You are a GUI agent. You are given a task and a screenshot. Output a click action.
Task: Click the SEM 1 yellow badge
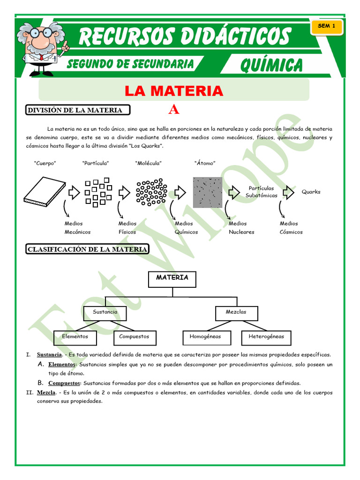(326, 27)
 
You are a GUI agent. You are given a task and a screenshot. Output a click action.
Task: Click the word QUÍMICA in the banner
(271, 65)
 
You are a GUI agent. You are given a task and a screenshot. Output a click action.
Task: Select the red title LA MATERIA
(173, 90)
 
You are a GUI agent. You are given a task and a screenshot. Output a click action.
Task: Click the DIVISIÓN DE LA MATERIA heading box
(77, 110)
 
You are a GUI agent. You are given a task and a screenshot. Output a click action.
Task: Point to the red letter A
(174, 110)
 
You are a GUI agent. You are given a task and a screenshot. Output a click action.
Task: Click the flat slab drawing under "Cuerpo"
(45, 191)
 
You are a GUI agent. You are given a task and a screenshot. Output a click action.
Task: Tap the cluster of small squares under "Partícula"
(98, 191)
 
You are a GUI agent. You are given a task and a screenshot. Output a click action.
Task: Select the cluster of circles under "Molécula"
(151, 192)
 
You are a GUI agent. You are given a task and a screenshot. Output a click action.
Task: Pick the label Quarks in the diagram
(311, 192)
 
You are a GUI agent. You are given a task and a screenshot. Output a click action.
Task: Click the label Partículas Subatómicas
(262, 192)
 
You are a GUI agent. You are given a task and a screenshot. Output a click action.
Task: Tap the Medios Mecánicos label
(77, 228)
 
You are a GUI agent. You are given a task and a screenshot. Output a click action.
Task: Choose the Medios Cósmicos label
(291, 228)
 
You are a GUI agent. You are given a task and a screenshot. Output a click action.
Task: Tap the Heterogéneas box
(266, 337)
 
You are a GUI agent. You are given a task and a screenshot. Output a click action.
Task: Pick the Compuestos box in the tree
(134, 337)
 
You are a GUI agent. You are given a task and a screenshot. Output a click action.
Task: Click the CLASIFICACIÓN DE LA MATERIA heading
(87, 250)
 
